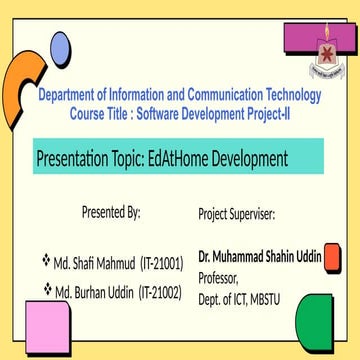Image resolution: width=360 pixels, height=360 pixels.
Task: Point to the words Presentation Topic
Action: (88, 159)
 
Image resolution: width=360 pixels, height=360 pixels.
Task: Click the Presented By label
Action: (111, 212)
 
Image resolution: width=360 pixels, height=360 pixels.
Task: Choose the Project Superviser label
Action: (236, 215)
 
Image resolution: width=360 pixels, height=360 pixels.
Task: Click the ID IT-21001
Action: (160, 264)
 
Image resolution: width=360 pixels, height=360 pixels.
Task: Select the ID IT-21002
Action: (160, 292)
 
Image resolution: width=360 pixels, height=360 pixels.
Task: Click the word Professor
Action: (222, 277)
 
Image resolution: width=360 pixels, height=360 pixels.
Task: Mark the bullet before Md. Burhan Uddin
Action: (46, 289)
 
